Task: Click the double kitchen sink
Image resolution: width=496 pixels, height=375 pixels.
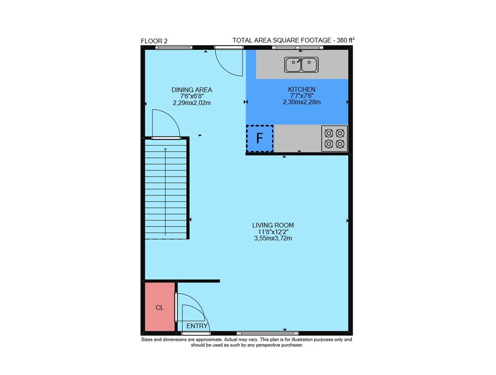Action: [x=301, y=64]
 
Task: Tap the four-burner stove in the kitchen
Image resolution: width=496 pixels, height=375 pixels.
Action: [x=334, y=138]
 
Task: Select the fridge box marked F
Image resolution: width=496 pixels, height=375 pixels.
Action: [x=259, y=138]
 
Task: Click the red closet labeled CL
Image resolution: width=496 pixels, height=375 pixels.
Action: [x=160, y=307]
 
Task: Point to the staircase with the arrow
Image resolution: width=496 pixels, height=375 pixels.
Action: [x=165, y=189]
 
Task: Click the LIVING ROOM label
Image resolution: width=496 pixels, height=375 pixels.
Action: [x=273, y=225]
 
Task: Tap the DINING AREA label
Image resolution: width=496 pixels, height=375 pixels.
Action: [x=191, y=90]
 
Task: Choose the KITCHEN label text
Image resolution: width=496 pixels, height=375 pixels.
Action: [x=302, y=90]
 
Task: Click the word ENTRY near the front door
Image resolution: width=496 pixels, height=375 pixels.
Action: [x=197, y=326]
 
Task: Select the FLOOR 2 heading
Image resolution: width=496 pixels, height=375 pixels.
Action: [x=154, y=41]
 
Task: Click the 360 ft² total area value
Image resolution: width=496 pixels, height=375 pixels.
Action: [x=345, y=40]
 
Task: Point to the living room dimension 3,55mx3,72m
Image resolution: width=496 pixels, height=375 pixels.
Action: [x=273, y=238]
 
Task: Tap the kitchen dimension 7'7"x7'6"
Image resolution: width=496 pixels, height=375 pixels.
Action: [x=302, y=96]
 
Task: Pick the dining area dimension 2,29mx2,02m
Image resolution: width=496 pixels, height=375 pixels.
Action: [x=191, y=103]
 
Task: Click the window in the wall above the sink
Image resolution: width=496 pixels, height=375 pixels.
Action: [x=298, y=48]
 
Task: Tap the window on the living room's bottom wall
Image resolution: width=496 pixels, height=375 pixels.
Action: [x=267, y=333]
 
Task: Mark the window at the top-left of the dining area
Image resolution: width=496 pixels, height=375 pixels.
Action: [x=174, y=48]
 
